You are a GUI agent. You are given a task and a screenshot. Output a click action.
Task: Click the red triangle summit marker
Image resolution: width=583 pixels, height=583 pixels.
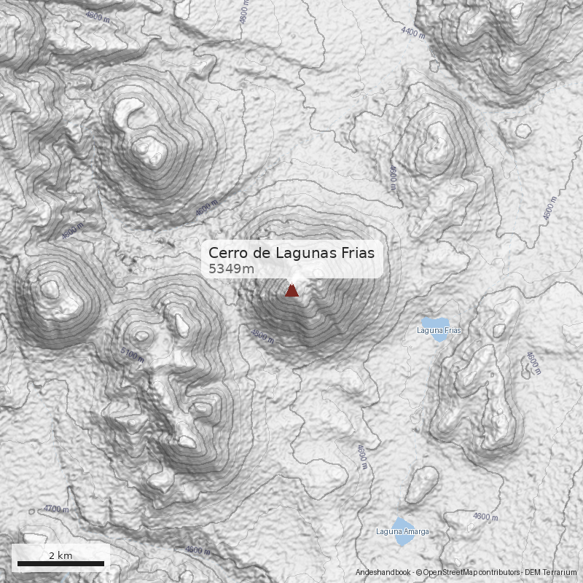click(291, 291)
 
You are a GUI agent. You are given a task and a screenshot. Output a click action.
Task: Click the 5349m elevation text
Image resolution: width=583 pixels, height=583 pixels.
click(231, 269)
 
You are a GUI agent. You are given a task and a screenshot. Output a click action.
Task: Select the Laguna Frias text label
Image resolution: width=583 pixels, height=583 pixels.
click(438, 331)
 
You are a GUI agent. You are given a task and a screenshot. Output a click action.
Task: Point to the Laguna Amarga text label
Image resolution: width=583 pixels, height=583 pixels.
click(402, 532)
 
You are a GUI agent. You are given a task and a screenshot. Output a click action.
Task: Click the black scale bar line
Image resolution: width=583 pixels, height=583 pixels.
click(60, 563)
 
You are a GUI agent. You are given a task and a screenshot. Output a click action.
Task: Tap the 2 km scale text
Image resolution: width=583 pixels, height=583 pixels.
click(60, 555)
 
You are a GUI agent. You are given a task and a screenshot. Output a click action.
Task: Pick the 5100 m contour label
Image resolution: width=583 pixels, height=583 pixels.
click(132, 355)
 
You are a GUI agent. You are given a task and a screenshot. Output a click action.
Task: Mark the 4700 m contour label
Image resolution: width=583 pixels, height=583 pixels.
click(56, 509)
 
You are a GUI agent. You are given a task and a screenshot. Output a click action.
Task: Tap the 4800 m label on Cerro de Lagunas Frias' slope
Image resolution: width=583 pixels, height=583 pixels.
click(262, 337)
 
